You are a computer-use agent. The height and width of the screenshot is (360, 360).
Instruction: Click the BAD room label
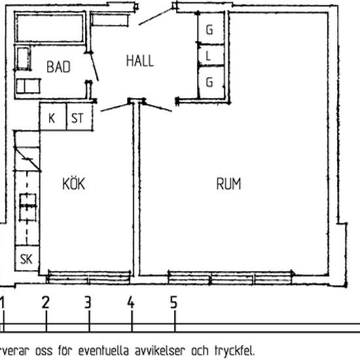click(x=58, y=67)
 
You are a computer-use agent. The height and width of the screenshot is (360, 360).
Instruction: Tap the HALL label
click(x=140, y=61)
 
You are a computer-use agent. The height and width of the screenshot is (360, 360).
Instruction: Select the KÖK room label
click(x=73, y=183)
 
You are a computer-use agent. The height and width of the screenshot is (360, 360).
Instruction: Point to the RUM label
click(x=228, y=184)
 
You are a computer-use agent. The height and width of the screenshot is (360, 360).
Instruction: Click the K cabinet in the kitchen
click(x=53, y=117)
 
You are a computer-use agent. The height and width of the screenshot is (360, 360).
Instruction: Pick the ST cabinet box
click(x=80, y=117)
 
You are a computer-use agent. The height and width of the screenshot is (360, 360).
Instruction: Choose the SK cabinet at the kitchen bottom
click(x=27, y=259)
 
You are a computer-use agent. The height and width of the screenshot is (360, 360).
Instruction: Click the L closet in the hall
click(x=211, y=55)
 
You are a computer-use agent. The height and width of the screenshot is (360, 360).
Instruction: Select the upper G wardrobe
click(x=211, y=28)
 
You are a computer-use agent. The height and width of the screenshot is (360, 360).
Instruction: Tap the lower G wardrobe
click(x=211, y=82)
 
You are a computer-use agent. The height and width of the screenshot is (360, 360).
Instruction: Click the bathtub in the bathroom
click(x=50, y=28)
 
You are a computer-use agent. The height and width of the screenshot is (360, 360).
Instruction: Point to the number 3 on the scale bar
click(x=88, y=302)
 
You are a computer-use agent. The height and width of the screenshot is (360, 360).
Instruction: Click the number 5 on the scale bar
click(x=174, y=302)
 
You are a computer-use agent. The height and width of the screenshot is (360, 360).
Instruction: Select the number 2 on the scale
click(x=46, y=302)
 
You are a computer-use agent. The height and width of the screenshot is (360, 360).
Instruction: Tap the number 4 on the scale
click(x=131, y=302)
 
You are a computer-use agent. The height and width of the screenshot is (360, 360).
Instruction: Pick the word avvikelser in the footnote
click(x=160, y=351)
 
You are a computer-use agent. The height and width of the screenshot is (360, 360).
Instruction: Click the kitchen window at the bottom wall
click(x=89, y=278)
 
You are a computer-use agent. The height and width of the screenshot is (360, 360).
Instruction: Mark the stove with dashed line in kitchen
click(x=27, y=207)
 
